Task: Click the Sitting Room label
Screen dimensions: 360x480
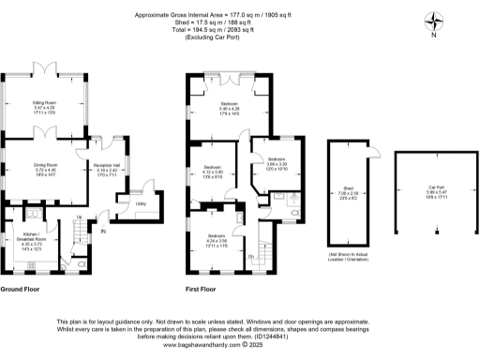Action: (x=45, y=109)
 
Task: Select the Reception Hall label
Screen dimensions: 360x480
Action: (x=105, y=170)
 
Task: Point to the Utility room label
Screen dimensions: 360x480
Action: (x=141, y=203)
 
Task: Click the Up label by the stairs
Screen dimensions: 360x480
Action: (x=80, y=219)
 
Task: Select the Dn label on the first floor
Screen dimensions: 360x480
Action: (x=251, y=255)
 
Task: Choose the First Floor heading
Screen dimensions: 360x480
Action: (x=202, y=290)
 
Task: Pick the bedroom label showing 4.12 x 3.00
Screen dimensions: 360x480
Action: (x=212, y=172)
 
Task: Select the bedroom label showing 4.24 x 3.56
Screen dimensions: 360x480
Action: (x=217, y=240)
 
